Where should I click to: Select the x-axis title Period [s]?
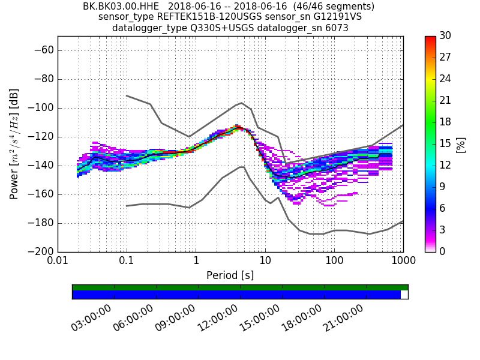coord(230,275)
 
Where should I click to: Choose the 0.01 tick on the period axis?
coord(58,262)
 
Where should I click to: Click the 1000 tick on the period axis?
coord(403,262)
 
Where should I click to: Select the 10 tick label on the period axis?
coord(265,262)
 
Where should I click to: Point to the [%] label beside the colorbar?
coord(461,144)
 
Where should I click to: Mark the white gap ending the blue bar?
coord(404,295)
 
